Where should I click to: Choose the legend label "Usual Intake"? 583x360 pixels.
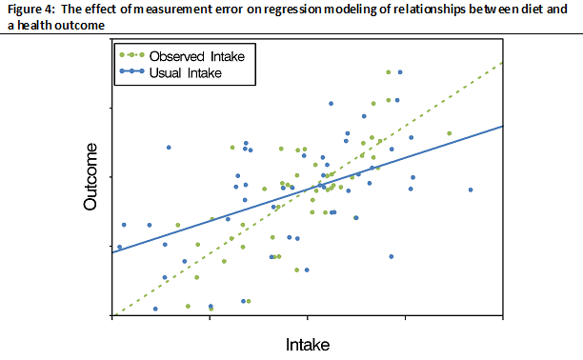191,71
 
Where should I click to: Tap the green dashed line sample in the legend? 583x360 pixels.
136,57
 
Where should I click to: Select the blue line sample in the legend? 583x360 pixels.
136,71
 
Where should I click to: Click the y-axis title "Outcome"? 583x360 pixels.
92,177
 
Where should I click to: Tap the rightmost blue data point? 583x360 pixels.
471,190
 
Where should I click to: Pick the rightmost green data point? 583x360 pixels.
449,133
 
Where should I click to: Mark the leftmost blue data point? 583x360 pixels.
119,247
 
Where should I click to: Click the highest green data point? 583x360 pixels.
388,71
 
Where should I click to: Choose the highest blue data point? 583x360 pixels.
399,71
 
